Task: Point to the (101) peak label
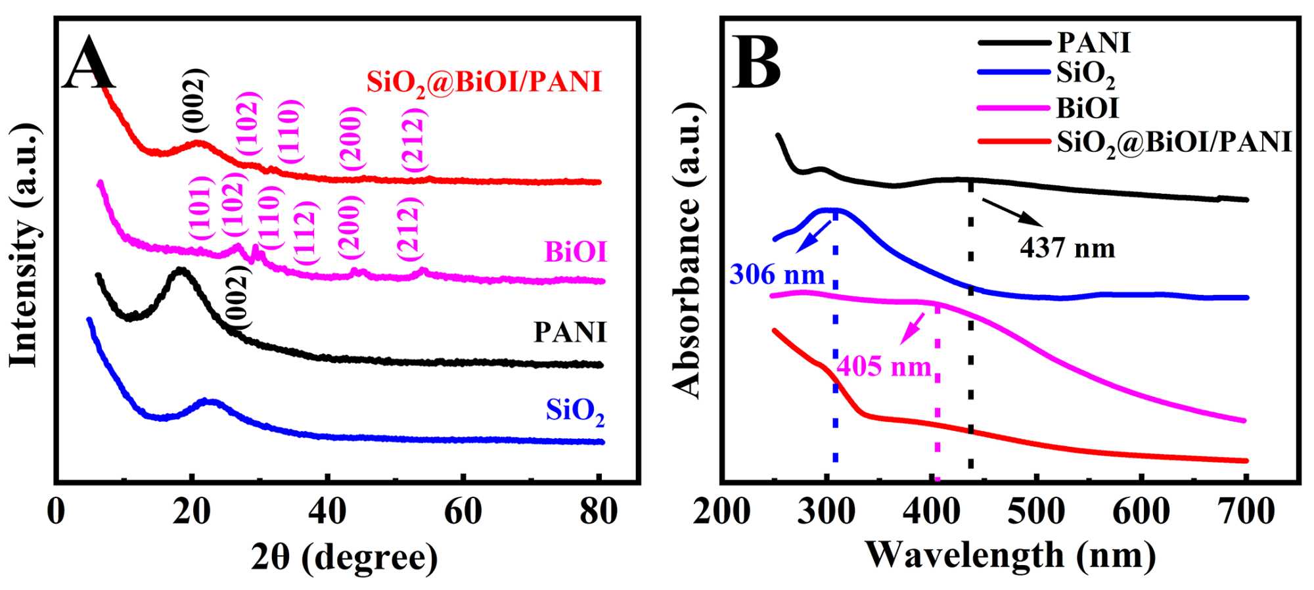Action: tap(200, 209)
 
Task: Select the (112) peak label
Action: tap(306, 234)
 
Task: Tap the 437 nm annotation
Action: tap(1068, 248)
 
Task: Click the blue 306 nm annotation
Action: tap(777, 274)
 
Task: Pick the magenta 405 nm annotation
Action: tap(884, 366)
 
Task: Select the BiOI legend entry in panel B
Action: tap(1087, 108)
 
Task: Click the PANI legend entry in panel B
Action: tap(1093, 43)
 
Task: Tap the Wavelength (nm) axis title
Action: tap(1010, 555)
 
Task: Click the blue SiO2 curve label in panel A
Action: tap(575, 411)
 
